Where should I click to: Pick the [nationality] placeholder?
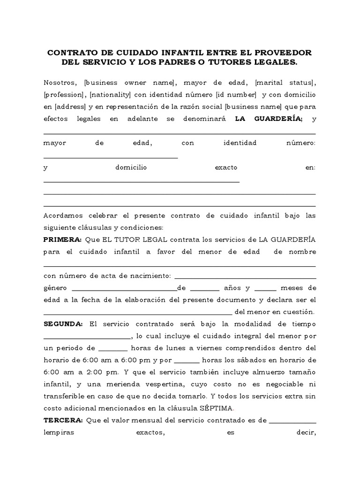tap(110, 95)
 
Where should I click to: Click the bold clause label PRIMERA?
tap(62, 240)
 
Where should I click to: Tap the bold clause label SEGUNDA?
tap(63, 324)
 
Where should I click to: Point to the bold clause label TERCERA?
tap(62, 420)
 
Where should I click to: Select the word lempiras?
tap(59, 433)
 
